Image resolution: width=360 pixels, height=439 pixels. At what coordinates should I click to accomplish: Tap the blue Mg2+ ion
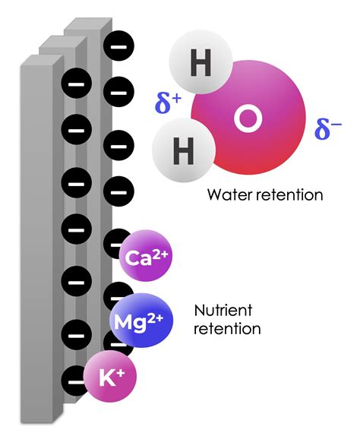pyautogui.click(x=141, y=319)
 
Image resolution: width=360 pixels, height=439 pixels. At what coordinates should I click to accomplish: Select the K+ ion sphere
pyautogui.click(x=112, y=376)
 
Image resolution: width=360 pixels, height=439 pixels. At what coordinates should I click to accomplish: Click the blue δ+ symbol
pyautogui.click(x=166, y=102)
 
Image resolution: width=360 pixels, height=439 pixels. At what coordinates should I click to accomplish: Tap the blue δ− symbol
pyautogui.click(x=327, y=129)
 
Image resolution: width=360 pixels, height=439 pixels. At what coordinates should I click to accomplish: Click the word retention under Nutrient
pyautogui.click(x=228, y=329)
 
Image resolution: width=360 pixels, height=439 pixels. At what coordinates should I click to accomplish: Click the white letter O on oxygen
pyautogui.click(x=246, y=118)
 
